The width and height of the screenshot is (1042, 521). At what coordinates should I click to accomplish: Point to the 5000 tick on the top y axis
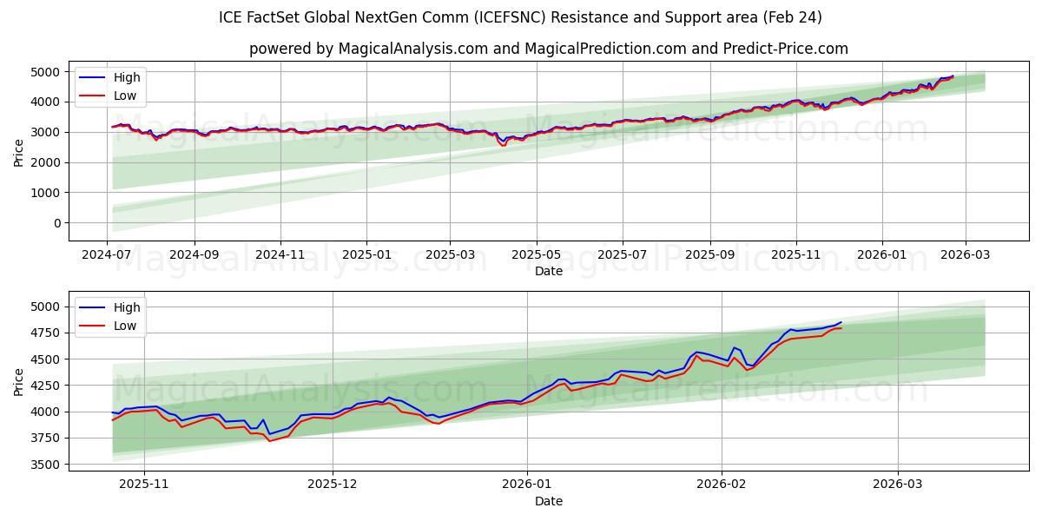point(46,71)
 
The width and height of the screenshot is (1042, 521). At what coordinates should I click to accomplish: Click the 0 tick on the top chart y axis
point(56,223)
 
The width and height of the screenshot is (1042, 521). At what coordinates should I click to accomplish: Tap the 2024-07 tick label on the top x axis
point(108,254)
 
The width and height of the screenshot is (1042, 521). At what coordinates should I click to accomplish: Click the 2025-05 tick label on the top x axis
point(536,254)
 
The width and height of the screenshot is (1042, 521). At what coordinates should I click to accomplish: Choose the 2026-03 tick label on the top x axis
point(965,254)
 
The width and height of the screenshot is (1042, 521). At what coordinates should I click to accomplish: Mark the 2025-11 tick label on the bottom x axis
point(143,485)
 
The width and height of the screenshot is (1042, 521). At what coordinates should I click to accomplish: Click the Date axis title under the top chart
point(548,271)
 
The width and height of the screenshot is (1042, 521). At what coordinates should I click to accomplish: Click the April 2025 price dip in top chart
point(503,143)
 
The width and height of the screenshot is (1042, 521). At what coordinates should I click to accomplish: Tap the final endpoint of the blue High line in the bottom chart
point(841,322)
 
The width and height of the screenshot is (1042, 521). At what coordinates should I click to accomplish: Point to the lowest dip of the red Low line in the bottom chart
point(269,441)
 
